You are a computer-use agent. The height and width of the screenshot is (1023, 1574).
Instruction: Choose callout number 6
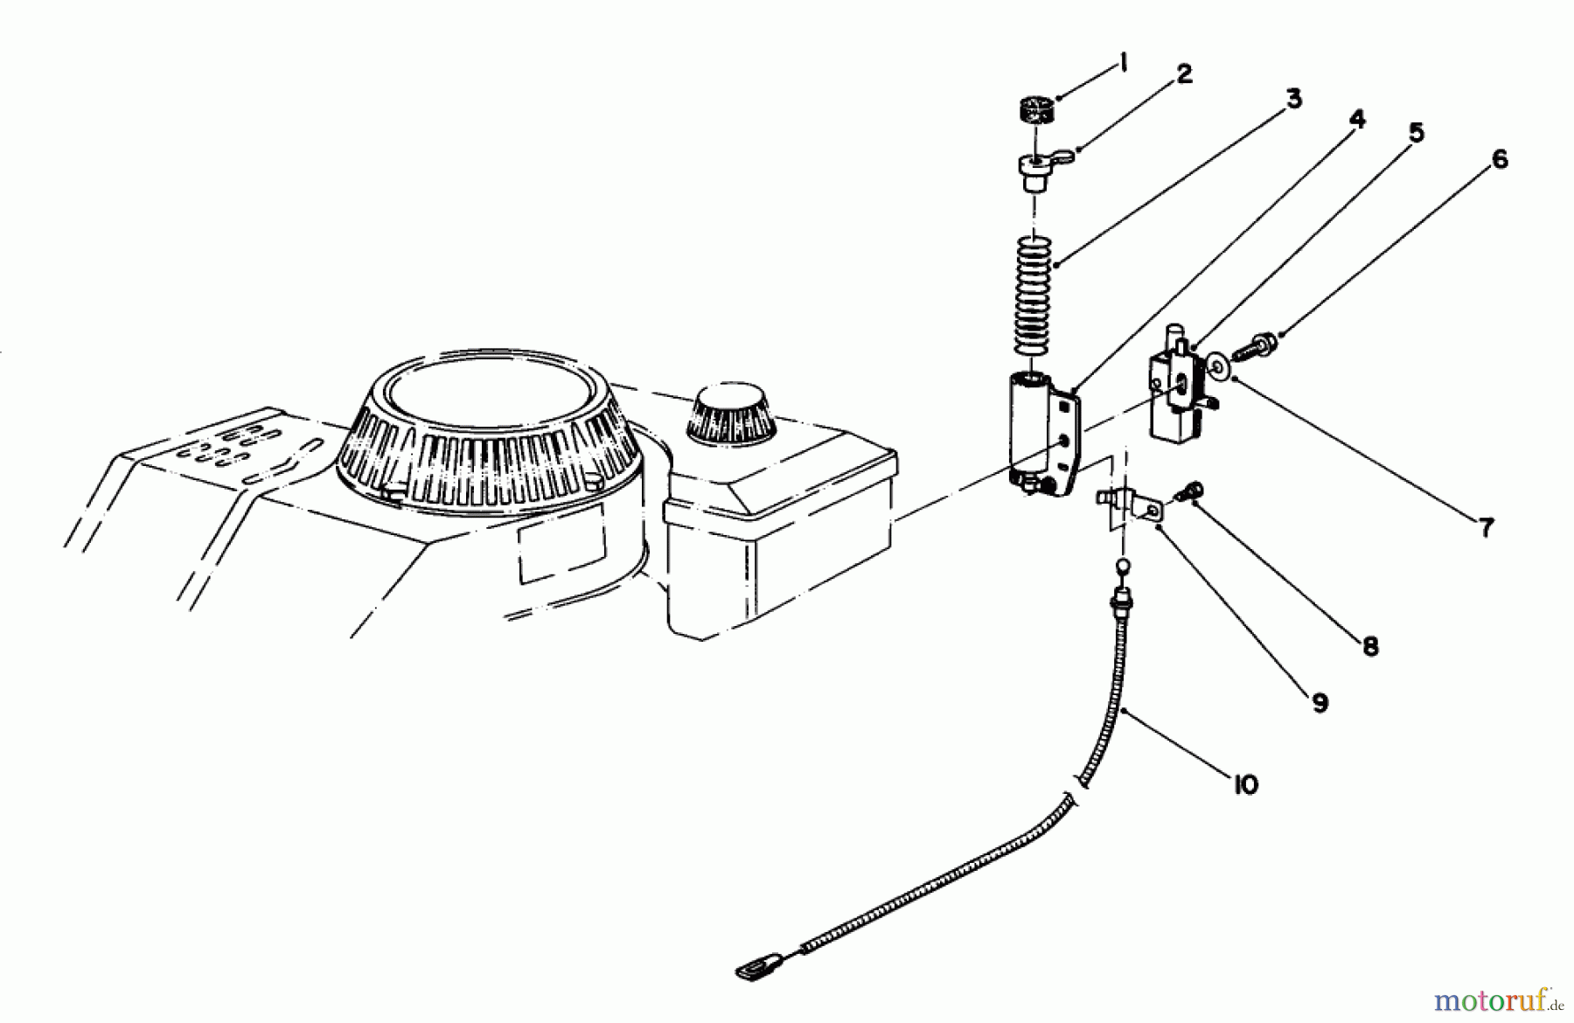click(1499, 160)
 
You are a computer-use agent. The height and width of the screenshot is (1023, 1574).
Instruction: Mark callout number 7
click(1486, 527)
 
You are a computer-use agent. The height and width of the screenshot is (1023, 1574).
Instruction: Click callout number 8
click(1369, 646)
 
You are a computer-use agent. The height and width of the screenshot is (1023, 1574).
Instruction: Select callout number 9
click(1319, 702)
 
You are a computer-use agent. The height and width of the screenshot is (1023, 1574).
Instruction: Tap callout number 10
click(1245, 784)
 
